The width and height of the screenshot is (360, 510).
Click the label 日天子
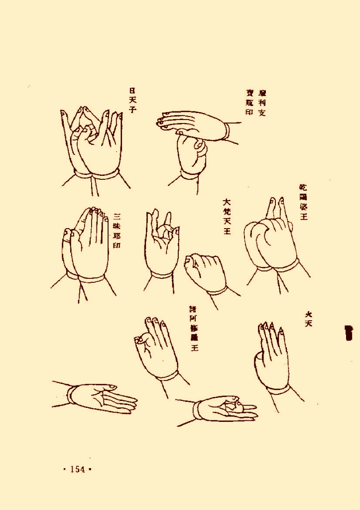132,100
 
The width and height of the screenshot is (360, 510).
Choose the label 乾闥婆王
303,202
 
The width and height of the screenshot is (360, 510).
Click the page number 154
78,469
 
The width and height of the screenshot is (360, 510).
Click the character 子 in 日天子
132,110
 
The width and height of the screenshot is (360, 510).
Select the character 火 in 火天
309,314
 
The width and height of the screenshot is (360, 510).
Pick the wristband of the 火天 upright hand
279,389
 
